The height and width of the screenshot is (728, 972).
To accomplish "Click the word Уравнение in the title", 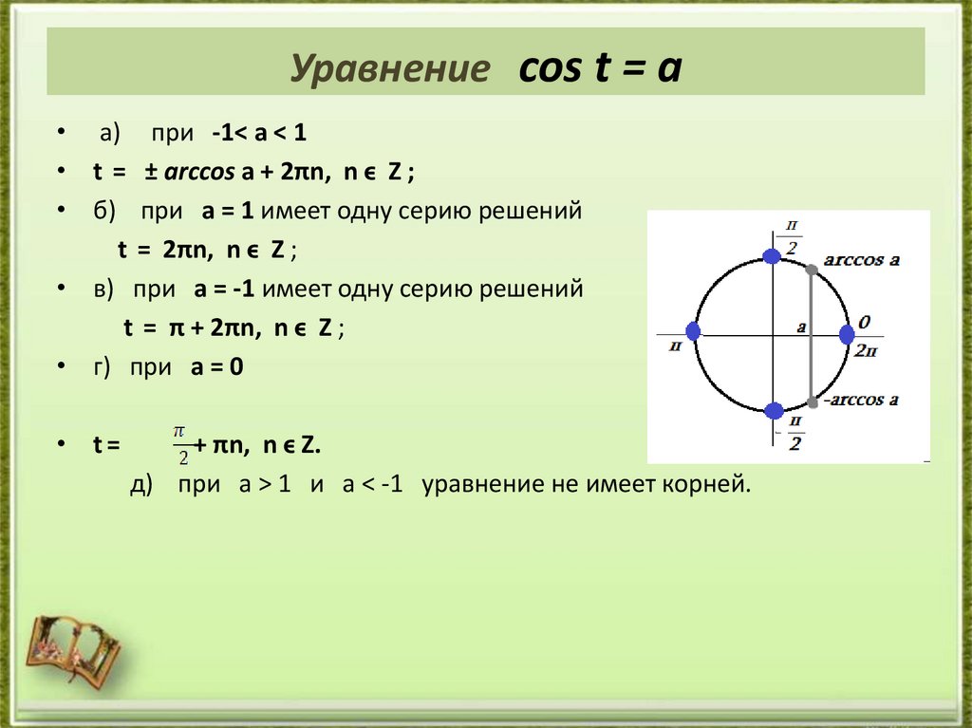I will (x=390, y=70).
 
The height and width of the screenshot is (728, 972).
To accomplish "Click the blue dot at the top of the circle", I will (x=773, y=253).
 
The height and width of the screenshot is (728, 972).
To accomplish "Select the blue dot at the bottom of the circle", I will (x=774, y=411).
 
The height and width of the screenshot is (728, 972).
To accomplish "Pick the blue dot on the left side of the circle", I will (x=693, y=331).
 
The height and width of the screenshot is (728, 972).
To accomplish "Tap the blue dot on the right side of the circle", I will (x=848, y=334).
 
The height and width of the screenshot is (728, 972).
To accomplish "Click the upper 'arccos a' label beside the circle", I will (x=861, y=259).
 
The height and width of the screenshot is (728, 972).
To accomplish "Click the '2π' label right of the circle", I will (x=865, y=350).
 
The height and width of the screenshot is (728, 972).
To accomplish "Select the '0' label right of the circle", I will (x=864, y=323).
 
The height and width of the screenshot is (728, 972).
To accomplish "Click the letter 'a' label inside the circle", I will (x=801, y=327).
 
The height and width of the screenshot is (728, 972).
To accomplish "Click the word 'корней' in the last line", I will (x=716, y=485).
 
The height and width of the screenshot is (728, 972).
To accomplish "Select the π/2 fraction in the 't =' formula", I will (x=180, y=444).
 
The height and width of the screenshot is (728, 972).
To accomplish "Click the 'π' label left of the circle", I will (x=675, y=347).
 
